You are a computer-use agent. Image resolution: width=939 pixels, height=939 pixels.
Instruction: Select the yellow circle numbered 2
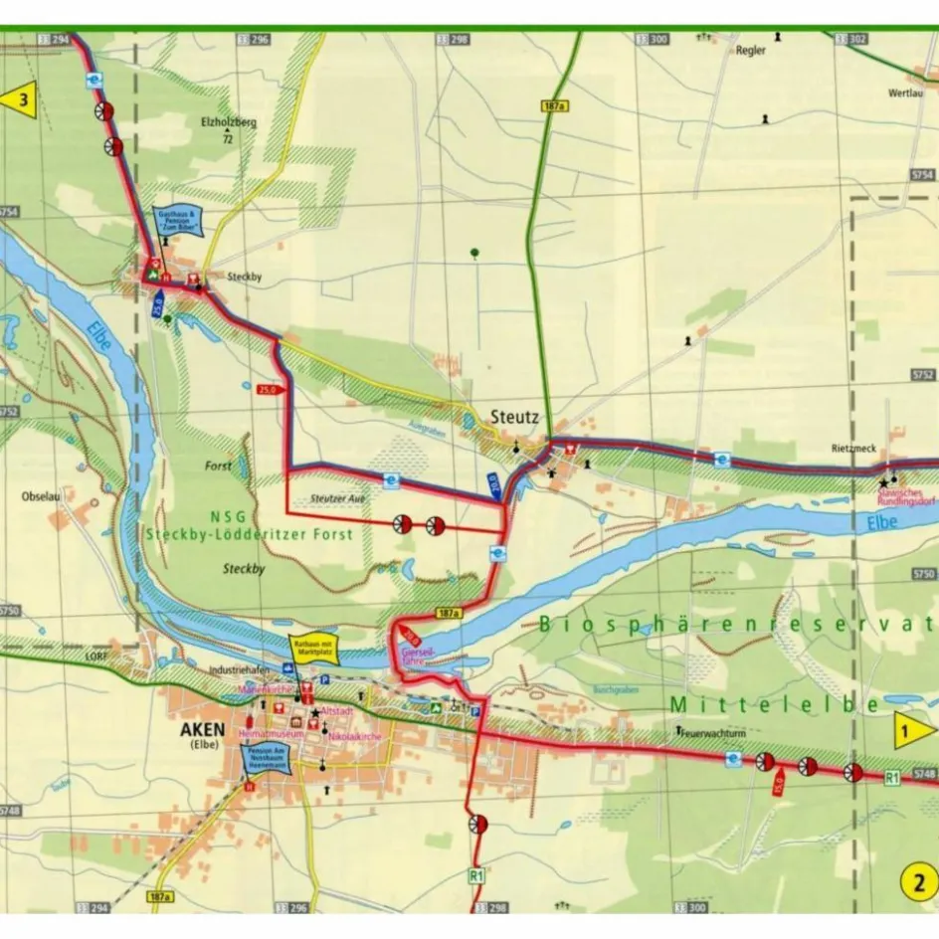[919, 880]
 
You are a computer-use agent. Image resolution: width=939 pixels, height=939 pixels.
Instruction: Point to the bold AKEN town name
[200, 729]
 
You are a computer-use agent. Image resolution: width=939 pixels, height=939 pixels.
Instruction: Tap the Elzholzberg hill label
[228, 122]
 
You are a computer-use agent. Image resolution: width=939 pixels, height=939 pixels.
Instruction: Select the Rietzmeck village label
[853, 449]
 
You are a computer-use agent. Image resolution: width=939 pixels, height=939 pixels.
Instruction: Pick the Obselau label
[43, 495]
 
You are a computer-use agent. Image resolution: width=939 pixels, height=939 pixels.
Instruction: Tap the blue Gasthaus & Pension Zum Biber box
[179, 222]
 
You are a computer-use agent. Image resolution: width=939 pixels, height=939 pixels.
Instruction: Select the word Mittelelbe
[775, 704]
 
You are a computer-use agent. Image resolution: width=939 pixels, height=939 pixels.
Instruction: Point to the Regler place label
[750, 52]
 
